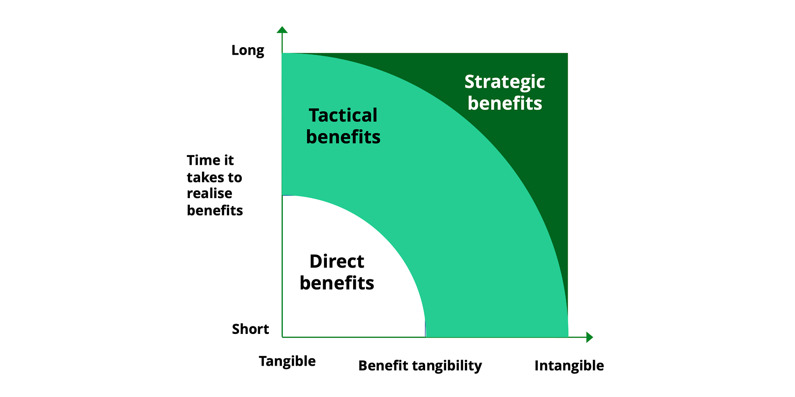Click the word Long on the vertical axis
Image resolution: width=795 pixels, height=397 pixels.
pyautogui.click(x=248, y=50)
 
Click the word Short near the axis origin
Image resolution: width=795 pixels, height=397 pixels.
pyautogui.click(x=251, y=329)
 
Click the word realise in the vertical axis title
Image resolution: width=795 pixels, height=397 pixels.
pyautogui.click(x=210, y=193)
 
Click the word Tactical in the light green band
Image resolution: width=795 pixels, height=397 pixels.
pyautogui.click(x=343, y=115)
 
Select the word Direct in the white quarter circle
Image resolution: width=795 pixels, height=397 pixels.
pyautogui.click(x=337, y=262)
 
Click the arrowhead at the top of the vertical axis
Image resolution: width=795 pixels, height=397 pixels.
pyautogui.click(x=282, y=30)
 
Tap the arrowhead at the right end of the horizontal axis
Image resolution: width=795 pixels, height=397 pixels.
pyautogui.click(x=590, y=337)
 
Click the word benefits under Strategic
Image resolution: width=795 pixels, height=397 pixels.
pyautogui.click(x=505, y=104)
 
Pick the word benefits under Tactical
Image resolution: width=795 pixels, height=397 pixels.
pyautogui.click(x=343, y=137)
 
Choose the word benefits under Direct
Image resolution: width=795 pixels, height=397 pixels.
pyautogui.click(x=337, y=283)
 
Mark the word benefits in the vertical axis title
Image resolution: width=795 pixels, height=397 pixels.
pyautogui.click(x=215, y=211)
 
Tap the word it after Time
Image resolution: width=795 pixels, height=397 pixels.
pyautogui.click(x=229, y=160)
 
